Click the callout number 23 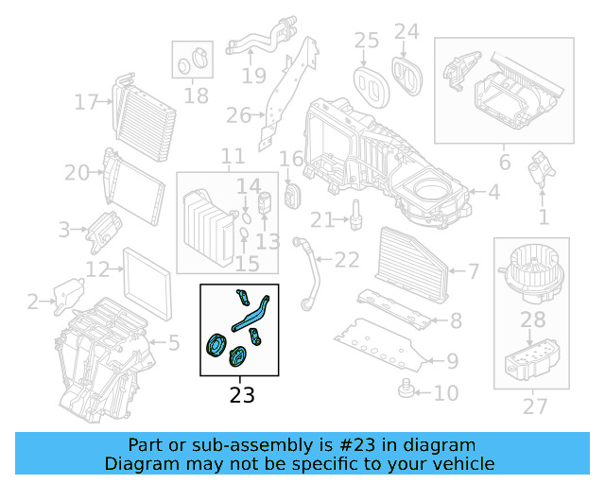coord(242,394)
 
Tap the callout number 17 coord(87,101)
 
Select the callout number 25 coord(366,40)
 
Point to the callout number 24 coord(406,31)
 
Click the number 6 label coord(504,163)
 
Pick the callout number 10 coord(445,392)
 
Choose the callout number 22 coord(347,259)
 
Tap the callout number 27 coord(535,406)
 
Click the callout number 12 coord(98,269)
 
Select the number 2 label coord(33,302)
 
